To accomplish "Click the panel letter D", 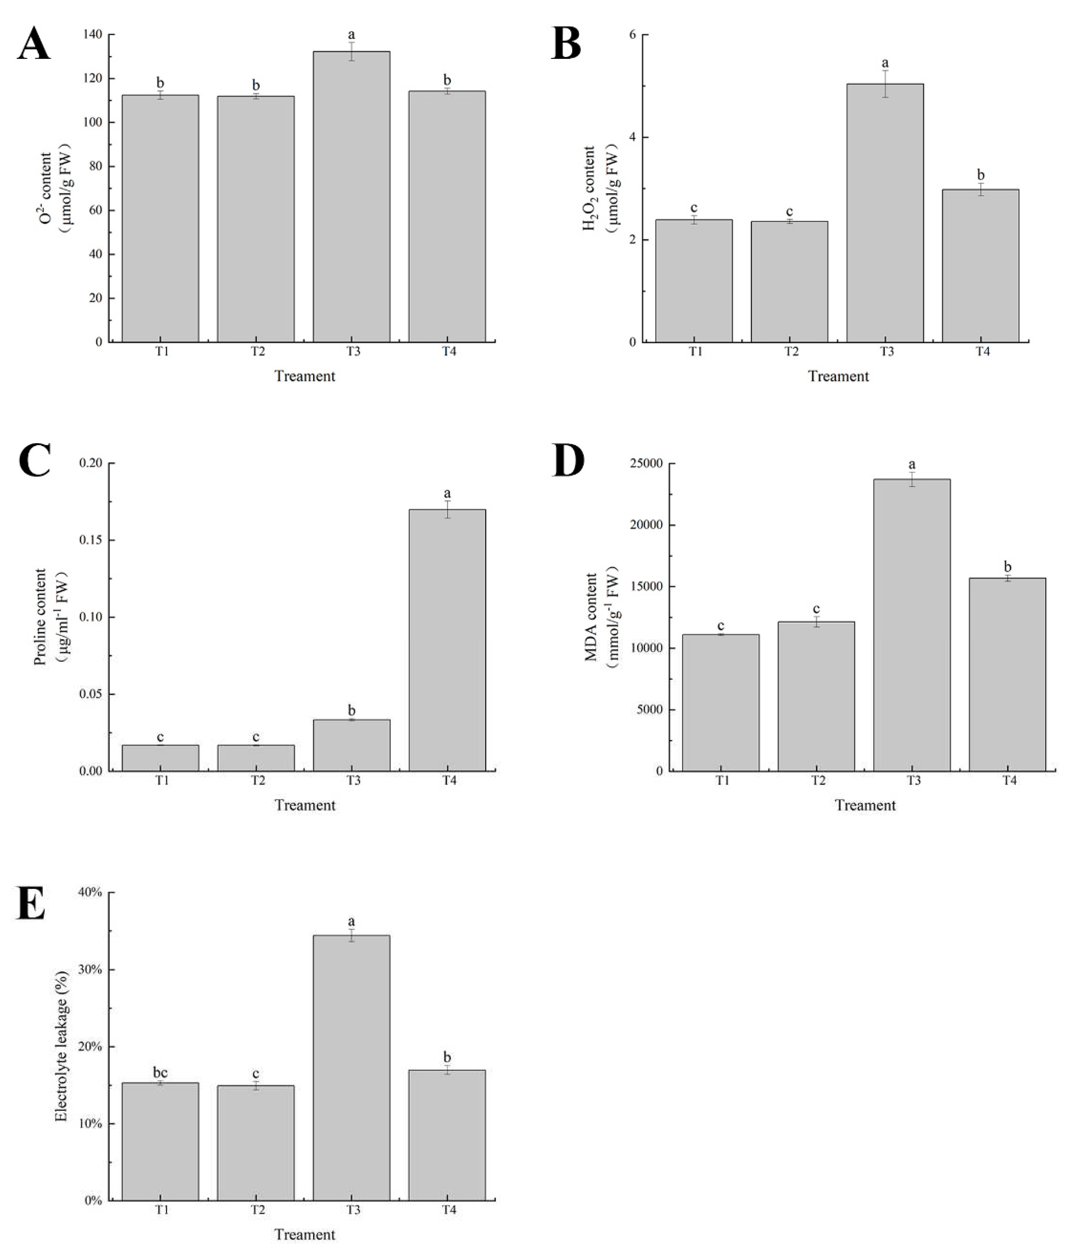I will (x=568, y=462).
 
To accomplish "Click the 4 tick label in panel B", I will (x=633, y=138).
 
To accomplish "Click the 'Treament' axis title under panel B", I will (x=838, y=376).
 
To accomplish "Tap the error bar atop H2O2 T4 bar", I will (x=980, y=189).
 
